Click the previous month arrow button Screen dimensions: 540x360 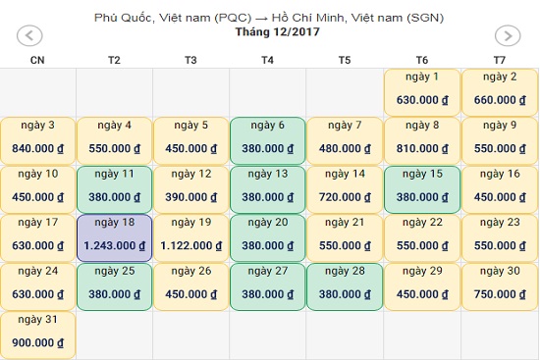click(x=29, y=35)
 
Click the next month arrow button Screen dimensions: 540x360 click(x=508, y=35)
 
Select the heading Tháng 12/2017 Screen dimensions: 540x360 click(x=278, y=32)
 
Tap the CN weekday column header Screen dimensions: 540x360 click(x=37, y=60)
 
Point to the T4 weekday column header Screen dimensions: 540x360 click(x=268, y=60)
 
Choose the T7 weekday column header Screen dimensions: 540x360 click(x=500, y=60)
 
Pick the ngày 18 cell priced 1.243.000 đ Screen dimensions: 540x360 click(x=114, y=238)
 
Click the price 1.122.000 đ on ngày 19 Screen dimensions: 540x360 click(x=191, y=246)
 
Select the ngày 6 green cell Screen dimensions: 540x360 click(x=268, y=141)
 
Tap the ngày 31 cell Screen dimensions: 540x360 click(x=38, y=335)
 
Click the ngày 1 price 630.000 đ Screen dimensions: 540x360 click(x=422, y=100)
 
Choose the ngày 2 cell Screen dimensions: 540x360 click(x=500, y=92)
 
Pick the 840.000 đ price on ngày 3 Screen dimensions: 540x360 click(x=38, y=149)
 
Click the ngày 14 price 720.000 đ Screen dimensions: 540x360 click(x=345, y=197)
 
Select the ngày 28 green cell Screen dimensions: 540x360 click(x=345, y=286)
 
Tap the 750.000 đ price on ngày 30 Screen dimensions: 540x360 click(x=500, y=294)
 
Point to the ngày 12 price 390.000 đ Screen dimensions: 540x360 click(x=191, y=197)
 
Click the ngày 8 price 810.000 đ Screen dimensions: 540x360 click(x=422, y=149)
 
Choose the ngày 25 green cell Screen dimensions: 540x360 click(x=114, y=286)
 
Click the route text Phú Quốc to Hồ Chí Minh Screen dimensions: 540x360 click(x=269, y=18)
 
